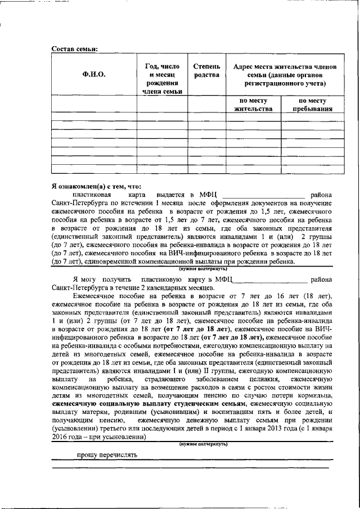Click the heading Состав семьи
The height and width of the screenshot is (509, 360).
(75, 48)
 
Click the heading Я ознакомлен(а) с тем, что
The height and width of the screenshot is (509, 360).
(96, 186)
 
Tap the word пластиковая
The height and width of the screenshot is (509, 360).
(92, 194)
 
